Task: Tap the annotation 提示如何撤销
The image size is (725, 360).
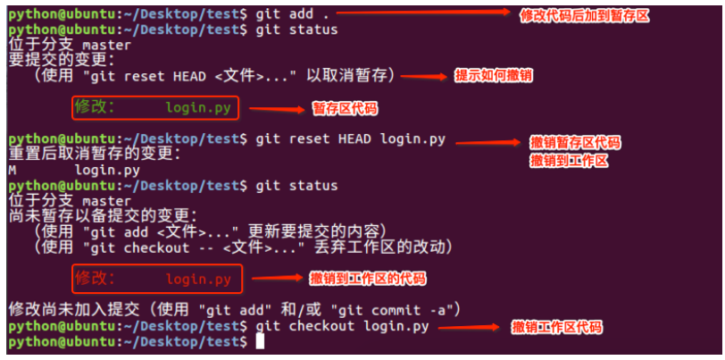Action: [493, 75]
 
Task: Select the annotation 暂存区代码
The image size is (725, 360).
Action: [344, 109]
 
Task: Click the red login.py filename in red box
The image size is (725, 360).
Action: [198, 279]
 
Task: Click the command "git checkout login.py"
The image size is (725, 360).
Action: [342, 326]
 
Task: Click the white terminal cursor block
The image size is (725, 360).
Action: [260, 341]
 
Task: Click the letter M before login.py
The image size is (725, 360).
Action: [12, 170]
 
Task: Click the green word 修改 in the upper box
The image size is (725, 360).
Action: [95, 108]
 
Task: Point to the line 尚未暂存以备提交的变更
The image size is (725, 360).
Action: [102, 216]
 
